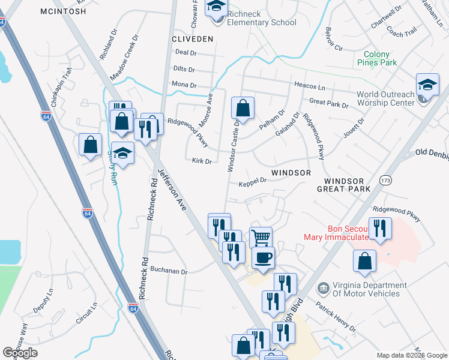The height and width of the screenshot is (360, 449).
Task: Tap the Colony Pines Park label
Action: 376,58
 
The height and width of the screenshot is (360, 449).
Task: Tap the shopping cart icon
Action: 261,238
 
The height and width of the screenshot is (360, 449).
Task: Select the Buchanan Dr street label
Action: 169,271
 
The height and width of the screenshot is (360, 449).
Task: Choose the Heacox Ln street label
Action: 309,86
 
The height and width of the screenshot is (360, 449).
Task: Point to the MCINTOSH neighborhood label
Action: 63,11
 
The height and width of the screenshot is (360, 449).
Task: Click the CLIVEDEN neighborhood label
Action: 193,38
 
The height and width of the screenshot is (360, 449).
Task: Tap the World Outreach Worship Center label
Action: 385,98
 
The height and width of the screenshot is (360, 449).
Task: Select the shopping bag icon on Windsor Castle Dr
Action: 243,109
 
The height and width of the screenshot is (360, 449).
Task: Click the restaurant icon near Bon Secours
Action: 380,229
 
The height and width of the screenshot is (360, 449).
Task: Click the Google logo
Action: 20,353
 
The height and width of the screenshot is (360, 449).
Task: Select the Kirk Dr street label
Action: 202,161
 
